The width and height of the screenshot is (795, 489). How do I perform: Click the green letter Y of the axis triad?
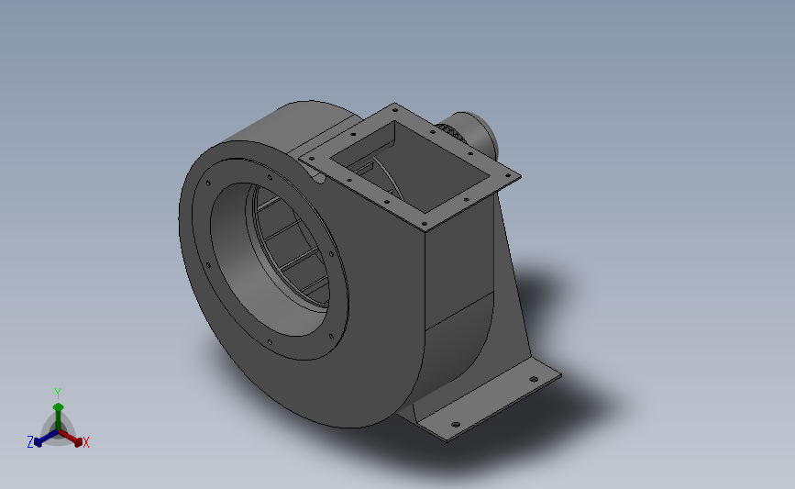pyautogui.click(x=58, y=394)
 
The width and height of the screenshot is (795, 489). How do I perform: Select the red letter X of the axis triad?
pyautogui.click(x=85, y=442)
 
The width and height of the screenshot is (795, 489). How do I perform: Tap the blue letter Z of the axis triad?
pyautogui.click(x=30, y=442)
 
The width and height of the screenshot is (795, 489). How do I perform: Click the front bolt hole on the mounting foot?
pyautogui.click(x=455, y=423)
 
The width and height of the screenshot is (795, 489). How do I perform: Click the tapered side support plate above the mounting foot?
pyautogui.click(x=509, y=294)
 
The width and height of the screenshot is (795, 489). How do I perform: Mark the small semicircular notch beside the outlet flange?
pyautogui.click(x=319, y=180)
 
